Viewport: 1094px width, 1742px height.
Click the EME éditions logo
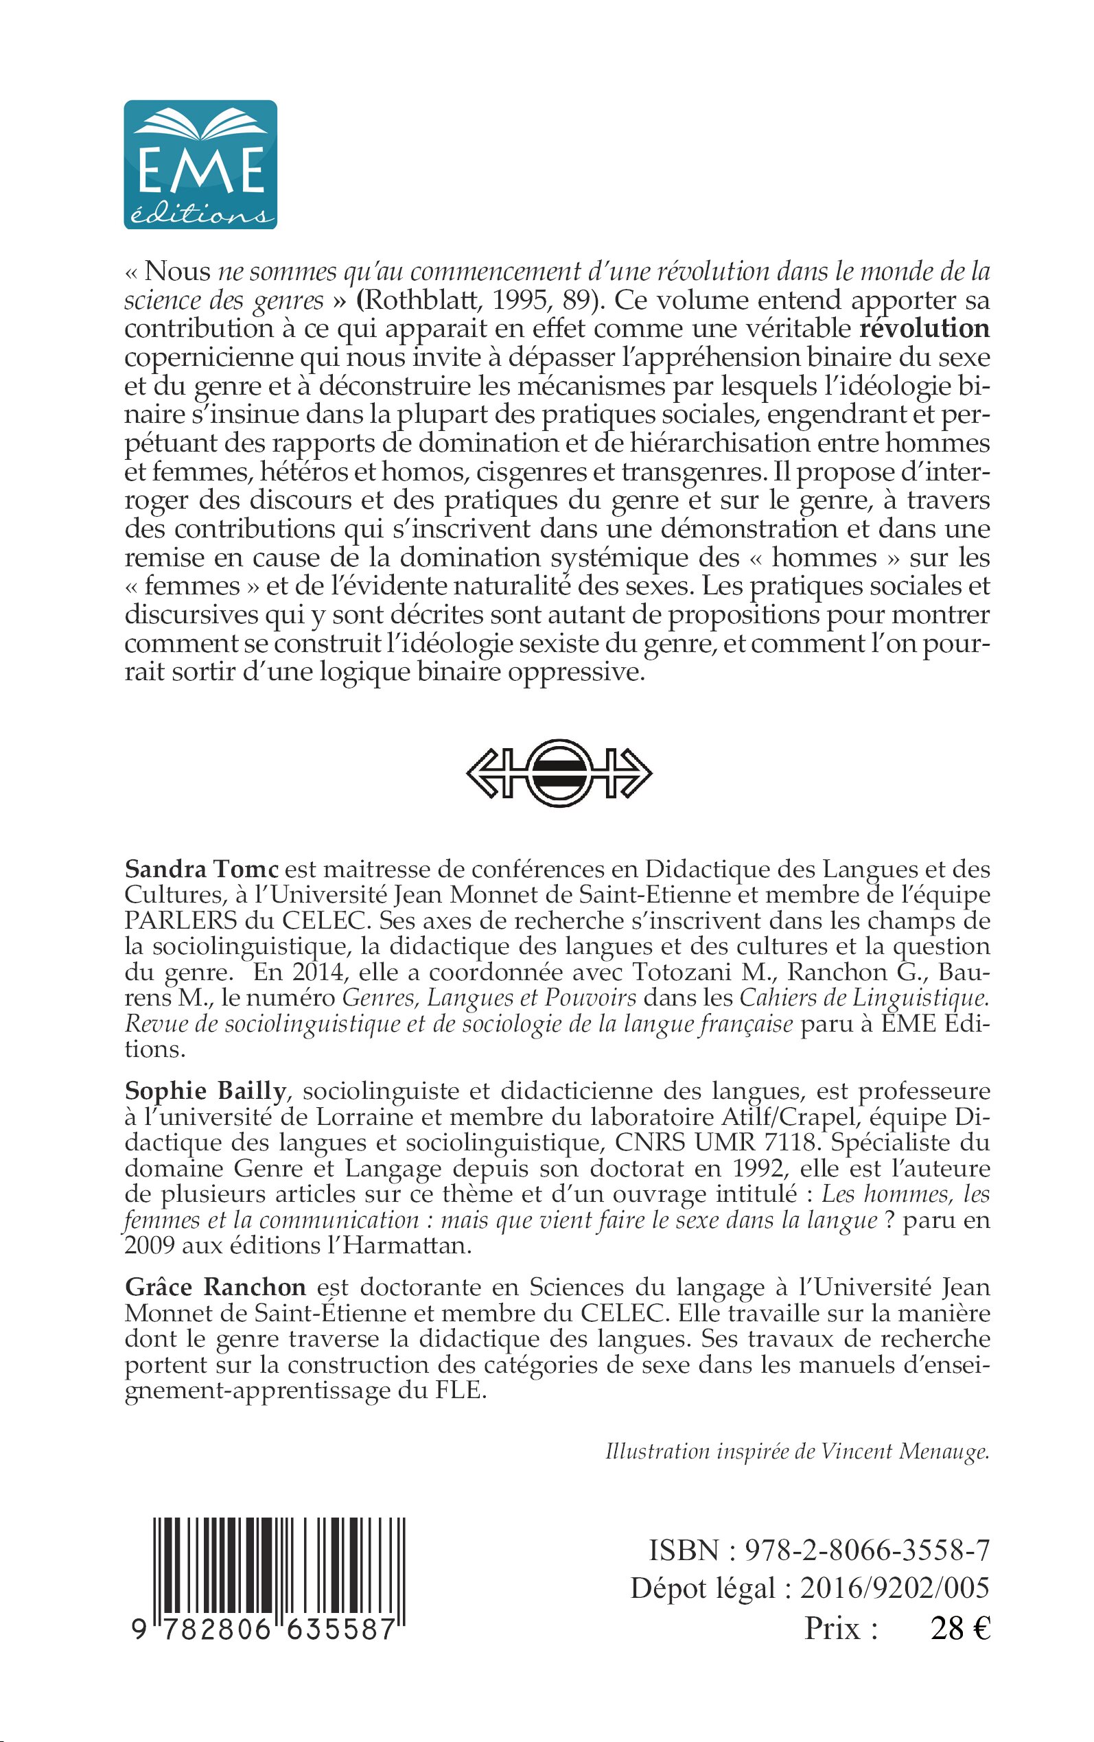(x=200, y=165)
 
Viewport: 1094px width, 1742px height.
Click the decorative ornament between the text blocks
(x=558, y=773)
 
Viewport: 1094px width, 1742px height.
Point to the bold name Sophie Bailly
(x=205, y=1091)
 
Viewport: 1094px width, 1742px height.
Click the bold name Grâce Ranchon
(x=216, y=1287)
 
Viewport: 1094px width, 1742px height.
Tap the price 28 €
(x=960, y=1629)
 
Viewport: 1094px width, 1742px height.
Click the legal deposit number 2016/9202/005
(x=894, y=1588)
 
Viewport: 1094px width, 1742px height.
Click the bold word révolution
(x=924, y=329)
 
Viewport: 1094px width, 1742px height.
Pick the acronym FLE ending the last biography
(x=458, y=1391)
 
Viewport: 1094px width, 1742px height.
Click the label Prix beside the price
(x=841, y=1629)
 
